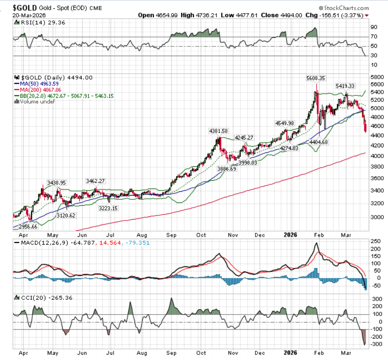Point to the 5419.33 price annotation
point(345,86)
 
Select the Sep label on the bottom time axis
point(171,235)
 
